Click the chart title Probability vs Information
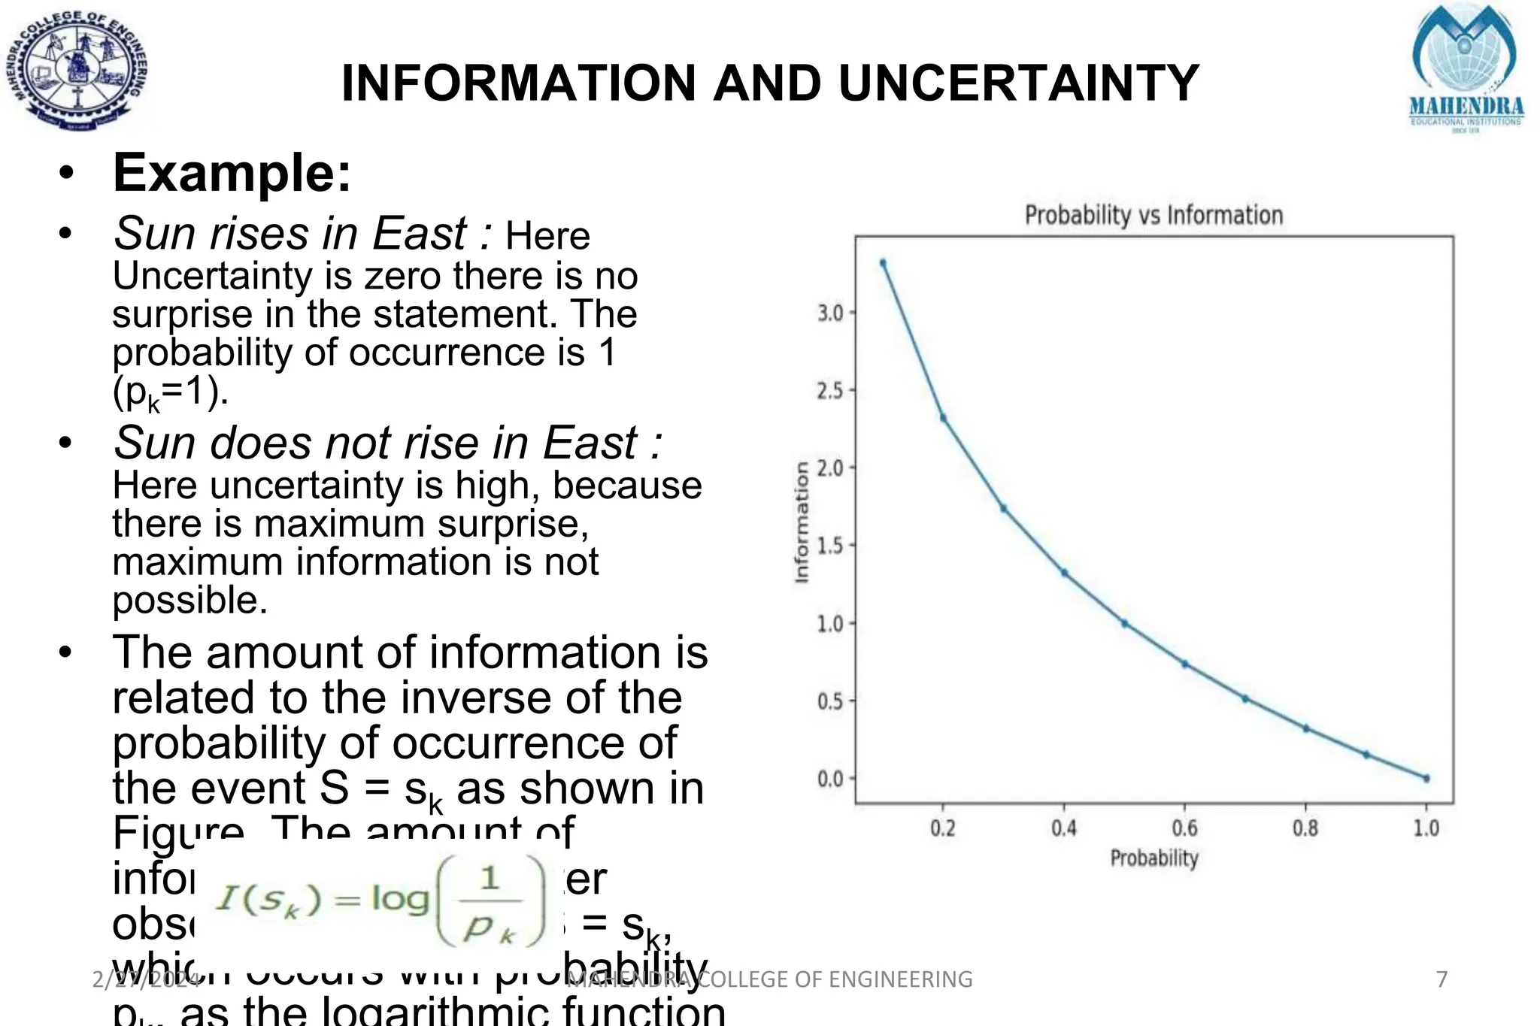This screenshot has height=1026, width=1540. pyautogui.click(x=1153, y=216)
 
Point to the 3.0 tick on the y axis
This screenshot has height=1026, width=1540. pyautogui.click(x=831, y=313)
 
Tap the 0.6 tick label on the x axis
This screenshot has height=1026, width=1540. pyautogui.click(x=1184, y=828)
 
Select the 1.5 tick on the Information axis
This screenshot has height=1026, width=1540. pyautogui.click(x=831, y=546)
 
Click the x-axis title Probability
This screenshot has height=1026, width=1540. pyautogui.click(x=1153, y=858)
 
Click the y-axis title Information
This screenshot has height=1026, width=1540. pyautogui.click(x=802, y=522)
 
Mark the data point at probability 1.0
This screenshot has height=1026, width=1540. pyautogui.click(x=1426, y=778)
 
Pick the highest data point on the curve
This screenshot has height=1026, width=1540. pyautogui.click(x=883, y=262)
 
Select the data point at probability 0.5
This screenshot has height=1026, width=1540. pyautogui.click(x=1124, y=623)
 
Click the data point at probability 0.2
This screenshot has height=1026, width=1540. pyautogui.click(x=943, y=418)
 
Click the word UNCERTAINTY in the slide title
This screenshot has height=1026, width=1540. pyautogui.click(x=1018, y=83)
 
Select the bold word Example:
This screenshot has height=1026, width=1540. pyautogui.click(x=232, y=173)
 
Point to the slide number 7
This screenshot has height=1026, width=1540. pyautogui.click(x=1441, y=979)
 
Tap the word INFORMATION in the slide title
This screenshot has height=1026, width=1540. pyautogui.click(x=519, y=83)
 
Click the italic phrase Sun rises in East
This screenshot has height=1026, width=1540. pyautogui.click(x=290, y=233)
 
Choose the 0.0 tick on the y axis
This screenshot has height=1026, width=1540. pyautogui.click(x=831, y=779)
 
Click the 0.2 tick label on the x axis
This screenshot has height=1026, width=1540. pyautogui.click(x=943, y=828)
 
